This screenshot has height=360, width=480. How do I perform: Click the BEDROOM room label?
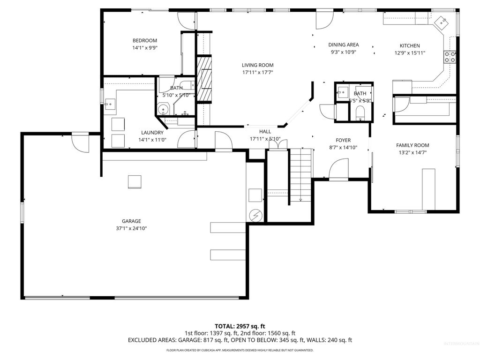[x=144, y=41]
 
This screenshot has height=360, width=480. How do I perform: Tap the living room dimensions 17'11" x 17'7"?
[x=257, y=73]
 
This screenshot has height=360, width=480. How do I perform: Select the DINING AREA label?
[x=343, y=45]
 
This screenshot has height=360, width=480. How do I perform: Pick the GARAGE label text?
[x=131, y=221]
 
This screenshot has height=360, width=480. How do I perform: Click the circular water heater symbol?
[x=256, y=215]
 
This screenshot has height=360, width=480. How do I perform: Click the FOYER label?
[x=343, y=140]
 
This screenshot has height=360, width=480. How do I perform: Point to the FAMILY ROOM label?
[x=412, y=145]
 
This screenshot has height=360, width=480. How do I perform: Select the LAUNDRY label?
[x=152, y=133]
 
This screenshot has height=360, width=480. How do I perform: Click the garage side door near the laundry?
[x=80, y=142]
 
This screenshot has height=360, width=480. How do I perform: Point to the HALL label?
[x=265, y=132]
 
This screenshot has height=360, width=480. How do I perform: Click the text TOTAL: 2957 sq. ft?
[x=240, y=326]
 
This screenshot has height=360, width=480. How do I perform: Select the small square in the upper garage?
[x=135, y=181]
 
